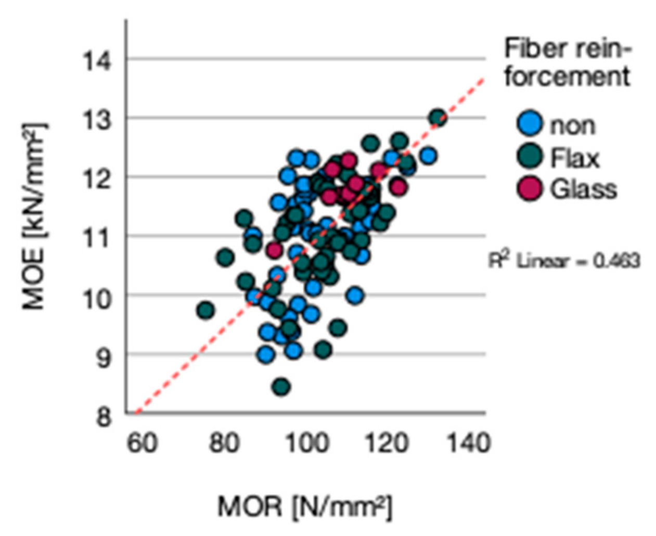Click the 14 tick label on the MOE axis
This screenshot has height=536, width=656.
click(x=97, y=61)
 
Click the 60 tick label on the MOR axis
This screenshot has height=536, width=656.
click(x=142, y=444)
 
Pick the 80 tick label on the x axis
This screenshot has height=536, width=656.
click(x=225, y=444)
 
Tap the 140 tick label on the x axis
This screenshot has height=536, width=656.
click(x=469, y=444)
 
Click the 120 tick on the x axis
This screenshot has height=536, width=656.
click(x=388, y=444)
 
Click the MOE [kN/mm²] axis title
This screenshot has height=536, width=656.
click(x=34, y=216)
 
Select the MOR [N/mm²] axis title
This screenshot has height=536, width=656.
click(x=304, y=506)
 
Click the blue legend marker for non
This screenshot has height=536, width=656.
click(x=530, y=124)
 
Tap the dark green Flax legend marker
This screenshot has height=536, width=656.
click(x=530, y=157)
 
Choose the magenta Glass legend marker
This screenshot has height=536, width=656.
click(x=530, y=188)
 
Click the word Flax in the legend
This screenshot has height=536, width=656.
click(x=575, y=158)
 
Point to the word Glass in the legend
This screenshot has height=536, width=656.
click(x=584, y=189)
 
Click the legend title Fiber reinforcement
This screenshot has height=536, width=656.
click(x=567, y=63)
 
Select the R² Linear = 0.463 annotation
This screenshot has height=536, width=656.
click(x=564, y=260)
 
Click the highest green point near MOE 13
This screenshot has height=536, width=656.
click(x=438, y=118)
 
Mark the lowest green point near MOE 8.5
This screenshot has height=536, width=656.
click(x=281, y=387)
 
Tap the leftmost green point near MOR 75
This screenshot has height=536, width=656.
click(x=206, y=310)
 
